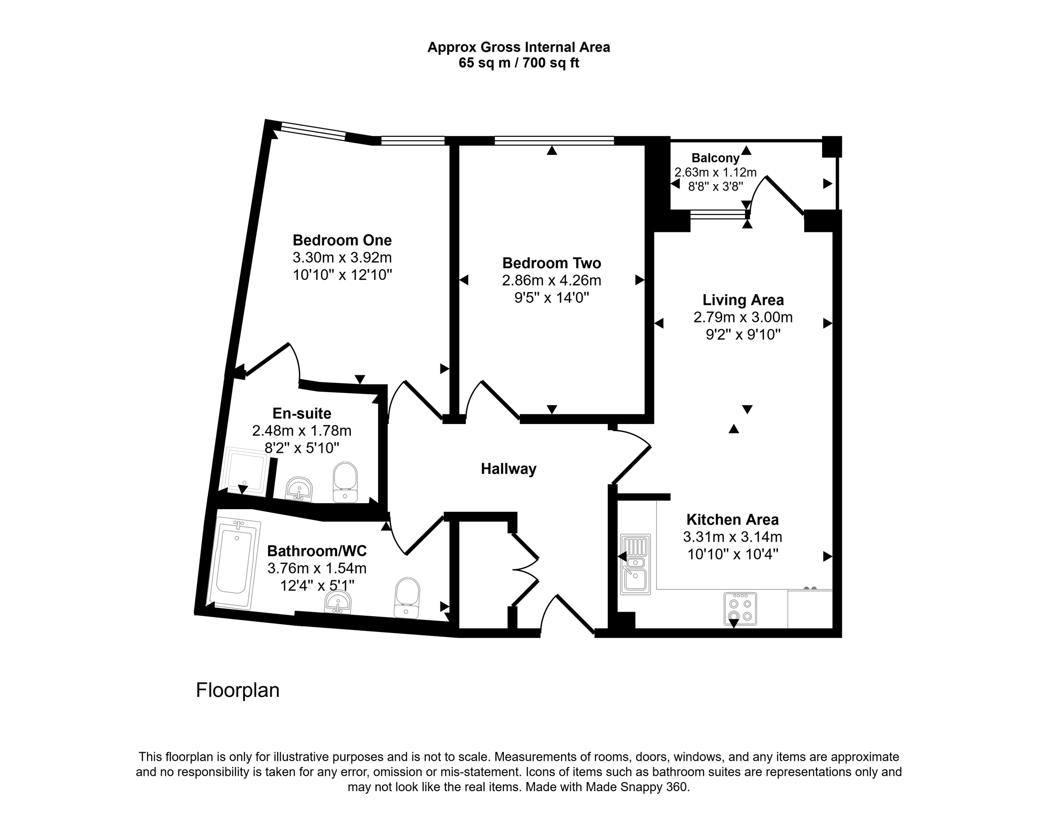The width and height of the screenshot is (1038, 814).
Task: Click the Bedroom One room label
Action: (342, 240)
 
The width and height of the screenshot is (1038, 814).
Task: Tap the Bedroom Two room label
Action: (551, 263)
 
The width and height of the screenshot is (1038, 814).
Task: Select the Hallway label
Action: (508, 469)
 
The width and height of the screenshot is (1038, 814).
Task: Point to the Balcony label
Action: (715, 158)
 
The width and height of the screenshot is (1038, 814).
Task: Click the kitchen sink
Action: (635, 564)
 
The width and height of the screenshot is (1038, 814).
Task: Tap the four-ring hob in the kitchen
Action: (740, 609)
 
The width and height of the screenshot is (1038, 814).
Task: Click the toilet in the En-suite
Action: (345, 482)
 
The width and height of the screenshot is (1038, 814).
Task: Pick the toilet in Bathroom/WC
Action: (407, 597)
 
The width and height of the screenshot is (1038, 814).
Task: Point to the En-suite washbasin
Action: (299, 489)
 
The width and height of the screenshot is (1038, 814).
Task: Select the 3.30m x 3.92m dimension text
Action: (342, 258)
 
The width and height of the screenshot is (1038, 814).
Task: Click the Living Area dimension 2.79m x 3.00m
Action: (743, 317)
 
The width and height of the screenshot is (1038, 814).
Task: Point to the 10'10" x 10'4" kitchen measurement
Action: (733, 554)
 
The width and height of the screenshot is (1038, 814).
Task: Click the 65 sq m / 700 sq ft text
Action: (519, 63)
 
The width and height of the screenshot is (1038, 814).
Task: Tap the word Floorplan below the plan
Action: (238, 690)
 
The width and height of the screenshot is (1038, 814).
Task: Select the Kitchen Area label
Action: (732, 519)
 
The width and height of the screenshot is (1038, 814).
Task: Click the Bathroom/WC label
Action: (317, 550)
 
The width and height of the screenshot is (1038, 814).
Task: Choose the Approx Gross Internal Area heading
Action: (518, 47)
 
